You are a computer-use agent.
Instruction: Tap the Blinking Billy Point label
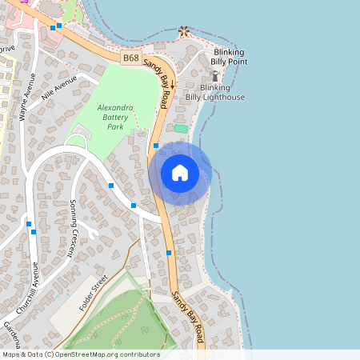point(228,57)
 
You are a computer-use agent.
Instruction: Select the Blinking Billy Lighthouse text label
point(222,92)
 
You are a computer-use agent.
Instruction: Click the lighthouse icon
point(214,76)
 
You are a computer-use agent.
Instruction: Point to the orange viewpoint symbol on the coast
point(185,31)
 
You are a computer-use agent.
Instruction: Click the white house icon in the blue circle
point(180,173)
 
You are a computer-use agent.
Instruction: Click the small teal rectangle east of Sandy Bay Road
point(181,128)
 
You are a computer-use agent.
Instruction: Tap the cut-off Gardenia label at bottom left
point(7,331)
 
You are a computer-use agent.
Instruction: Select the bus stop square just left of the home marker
point(156,146)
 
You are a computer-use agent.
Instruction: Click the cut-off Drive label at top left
point(7,49)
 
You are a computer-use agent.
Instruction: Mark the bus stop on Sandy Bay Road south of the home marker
point(169,253)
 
